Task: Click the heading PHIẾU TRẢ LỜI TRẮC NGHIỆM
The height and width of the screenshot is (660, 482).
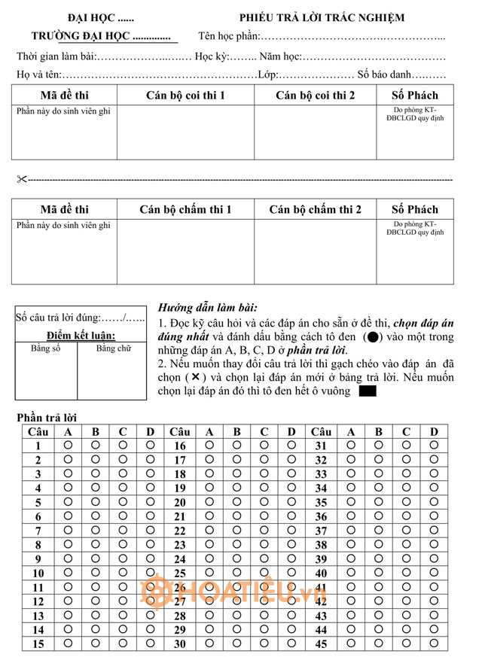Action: pos(322,17)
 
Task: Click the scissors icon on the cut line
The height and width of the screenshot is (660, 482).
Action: pos(21,179)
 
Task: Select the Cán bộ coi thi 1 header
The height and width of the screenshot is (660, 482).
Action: pos(185,96)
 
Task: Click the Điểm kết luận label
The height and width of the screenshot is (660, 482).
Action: pos(81,335)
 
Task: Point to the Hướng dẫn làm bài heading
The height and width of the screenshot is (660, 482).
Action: pos(207,308)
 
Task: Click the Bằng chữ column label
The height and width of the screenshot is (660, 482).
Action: pos(113,348)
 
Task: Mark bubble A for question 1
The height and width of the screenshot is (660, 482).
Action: pos(68,446)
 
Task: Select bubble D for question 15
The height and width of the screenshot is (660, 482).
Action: pos(150,643)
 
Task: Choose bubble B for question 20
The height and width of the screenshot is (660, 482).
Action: pos(236,502)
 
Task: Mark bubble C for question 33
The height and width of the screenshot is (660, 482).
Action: pos(406,474)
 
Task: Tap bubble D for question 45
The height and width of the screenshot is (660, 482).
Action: pos(434,643)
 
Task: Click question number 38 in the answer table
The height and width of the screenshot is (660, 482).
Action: pos(321,545)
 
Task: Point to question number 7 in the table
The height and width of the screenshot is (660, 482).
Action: pos(38,531)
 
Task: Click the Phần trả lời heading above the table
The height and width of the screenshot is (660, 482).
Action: pos(47,418)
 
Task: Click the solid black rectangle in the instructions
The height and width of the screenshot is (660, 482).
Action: pos(368,391)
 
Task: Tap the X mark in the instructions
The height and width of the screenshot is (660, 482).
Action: pos(195,377)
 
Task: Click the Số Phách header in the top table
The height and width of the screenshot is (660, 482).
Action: pos(414,96)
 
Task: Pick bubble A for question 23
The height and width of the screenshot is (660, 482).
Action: pos(209,544)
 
